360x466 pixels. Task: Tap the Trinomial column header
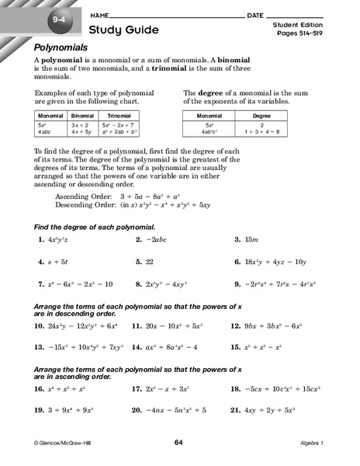click(x=119, y=114)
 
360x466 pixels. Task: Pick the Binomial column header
click(x=82, y=114)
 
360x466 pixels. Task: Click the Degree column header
click(x=262, y=114)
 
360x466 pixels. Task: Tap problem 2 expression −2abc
click(x=164, y=240)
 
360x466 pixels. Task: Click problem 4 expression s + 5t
click(x=57, y=263)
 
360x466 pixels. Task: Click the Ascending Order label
click(x=82, y=197)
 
